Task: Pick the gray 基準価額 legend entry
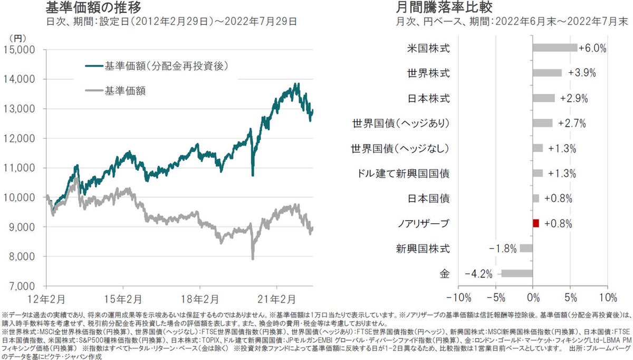tap(125, 91)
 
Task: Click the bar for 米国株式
tap(555, 48)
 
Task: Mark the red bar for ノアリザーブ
tap(536, 224)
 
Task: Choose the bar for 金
tap(517, 274)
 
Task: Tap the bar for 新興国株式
tap(526, 249)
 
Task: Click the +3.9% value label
tap(581, 73)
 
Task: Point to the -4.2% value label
tap(479, 274)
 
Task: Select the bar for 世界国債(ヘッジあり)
tap(543, 123)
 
